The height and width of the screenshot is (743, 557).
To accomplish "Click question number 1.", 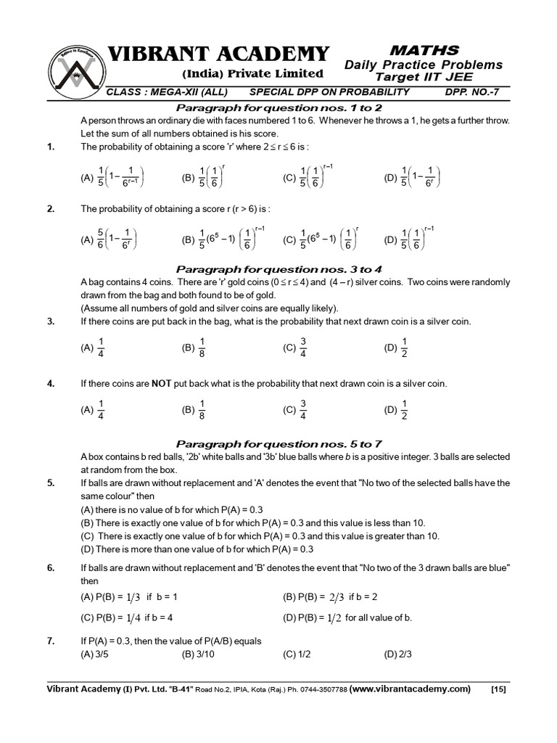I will pos(51,147).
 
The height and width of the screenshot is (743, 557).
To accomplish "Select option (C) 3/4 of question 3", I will pos(297,348).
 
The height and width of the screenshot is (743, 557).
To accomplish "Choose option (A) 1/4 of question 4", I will pos(94,410).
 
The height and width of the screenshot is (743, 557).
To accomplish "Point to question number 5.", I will pos(51,483).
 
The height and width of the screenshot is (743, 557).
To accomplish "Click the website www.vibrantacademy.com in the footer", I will pos(410,689).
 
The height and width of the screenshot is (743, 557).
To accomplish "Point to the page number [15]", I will pos(498,689).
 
